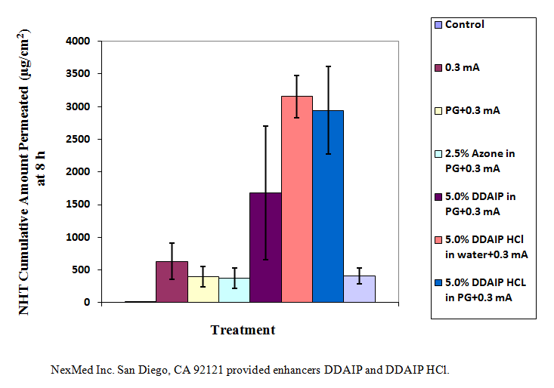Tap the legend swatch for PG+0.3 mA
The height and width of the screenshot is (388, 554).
438,110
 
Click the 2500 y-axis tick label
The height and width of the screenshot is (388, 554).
79,139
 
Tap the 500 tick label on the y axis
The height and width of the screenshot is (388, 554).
82,269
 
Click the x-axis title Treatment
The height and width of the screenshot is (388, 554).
243,330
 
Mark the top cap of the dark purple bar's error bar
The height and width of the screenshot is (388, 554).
265,126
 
